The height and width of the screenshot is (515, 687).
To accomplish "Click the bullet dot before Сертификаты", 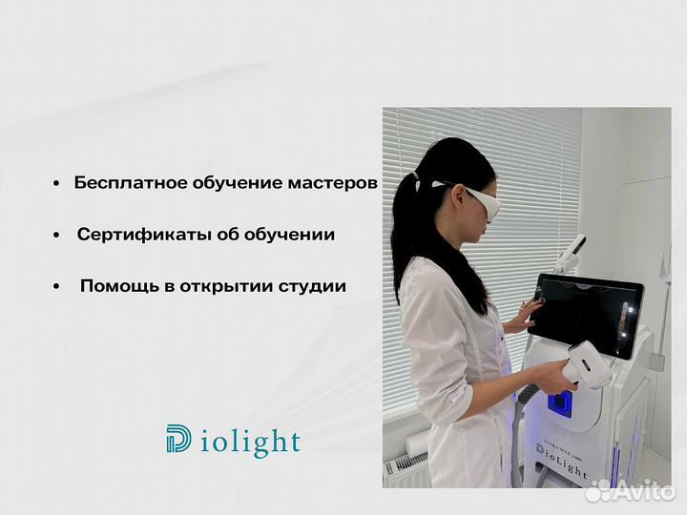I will (x=57, y=236).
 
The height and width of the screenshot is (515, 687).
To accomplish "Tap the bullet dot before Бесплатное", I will (x=57, y=184).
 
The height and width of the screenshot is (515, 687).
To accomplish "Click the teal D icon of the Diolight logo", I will (x=177, y=441).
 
